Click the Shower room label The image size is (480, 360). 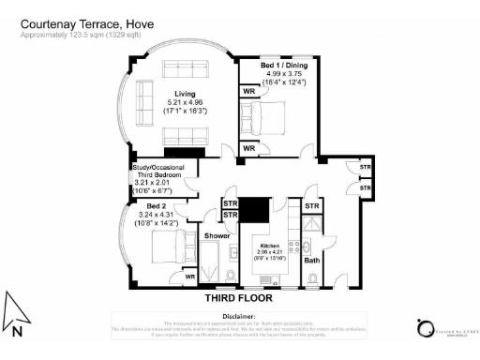coord(217,236)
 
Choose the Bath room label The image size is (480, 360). coord(312,260)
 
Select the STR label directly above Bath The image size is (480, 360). coord(312,206)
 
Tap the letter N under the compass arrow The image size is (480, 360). coord(18,330)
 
